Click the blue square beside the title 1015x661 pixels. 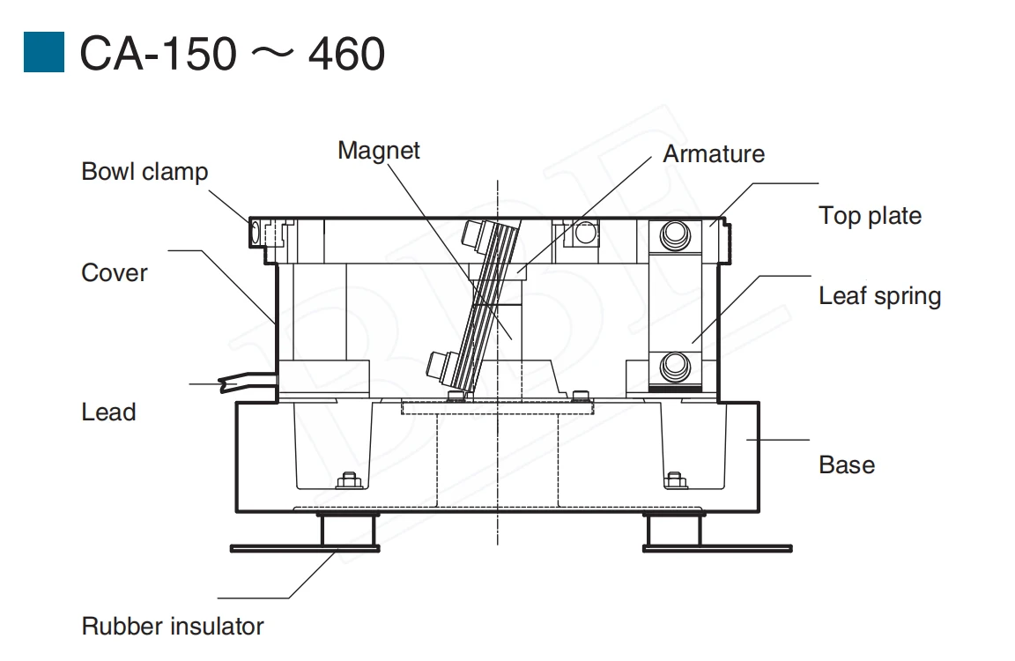[x=44, y=53]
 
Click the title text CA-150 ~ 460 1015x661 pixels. [x=233, y=55]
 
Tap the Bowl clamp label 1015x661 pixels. [x=144, y=171]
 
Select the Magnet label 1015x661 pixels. [x=379, y=151]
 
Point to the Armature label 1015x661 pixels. [x=714, y=154]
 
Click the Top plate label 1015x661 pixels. [x=870, y=216]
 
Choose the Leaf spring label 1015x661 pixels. [x=879, y=296]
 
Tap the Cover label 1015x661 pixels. [x=115, y=273]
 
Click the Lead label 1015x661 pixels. [x=108, y=412]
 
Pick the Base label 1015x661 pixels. [x=847, y=465]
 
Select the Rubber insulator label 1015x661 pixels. [x=173, y=627]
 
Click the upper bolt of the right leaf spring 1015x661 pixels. [x=676, y=234]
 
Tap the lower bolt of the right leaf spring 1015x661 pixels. [x=676, y=363]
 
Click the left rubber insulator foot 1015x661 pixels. [x=348, y=531]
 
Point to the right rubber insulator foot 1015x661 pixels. [x=673, y=531]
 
